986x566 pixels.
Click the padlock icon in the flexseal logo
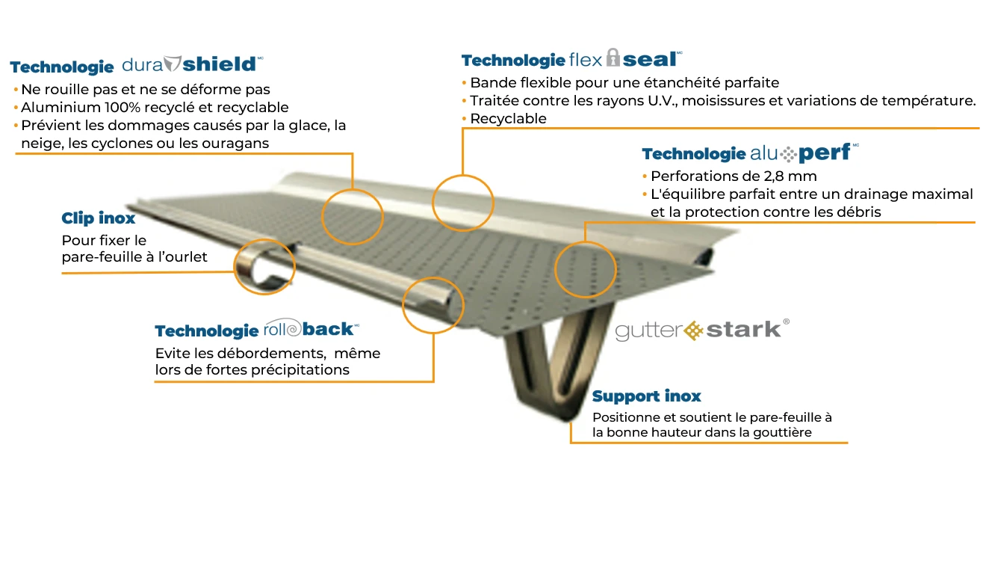click(x=613, y=58)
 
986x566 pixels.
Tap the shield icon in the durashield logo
click(x=172, y=64)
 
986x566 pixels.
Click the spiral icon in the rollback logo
click(x=294, y=328)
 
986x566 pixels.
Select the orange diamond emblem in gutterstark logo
click(x=693, y=330)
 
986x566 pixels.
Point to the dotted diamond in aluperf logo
click(x=788, y=154)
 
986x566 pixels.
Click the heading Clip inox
click(x=98, y=218)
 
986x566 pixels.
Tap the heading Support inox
click(x=646, y=396)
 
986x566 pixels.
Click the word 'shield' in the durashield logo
click(x=219, y=64)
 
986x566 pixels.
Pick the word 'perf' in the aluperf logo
click(x=824, y=153)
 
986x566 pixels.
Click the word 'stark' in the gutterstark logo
click(x=743, y=330)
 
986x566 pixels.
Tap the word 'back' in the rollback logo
click(x=327, y=329)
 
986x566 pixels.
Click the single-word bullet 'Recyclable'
click(x=508, y=118)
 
